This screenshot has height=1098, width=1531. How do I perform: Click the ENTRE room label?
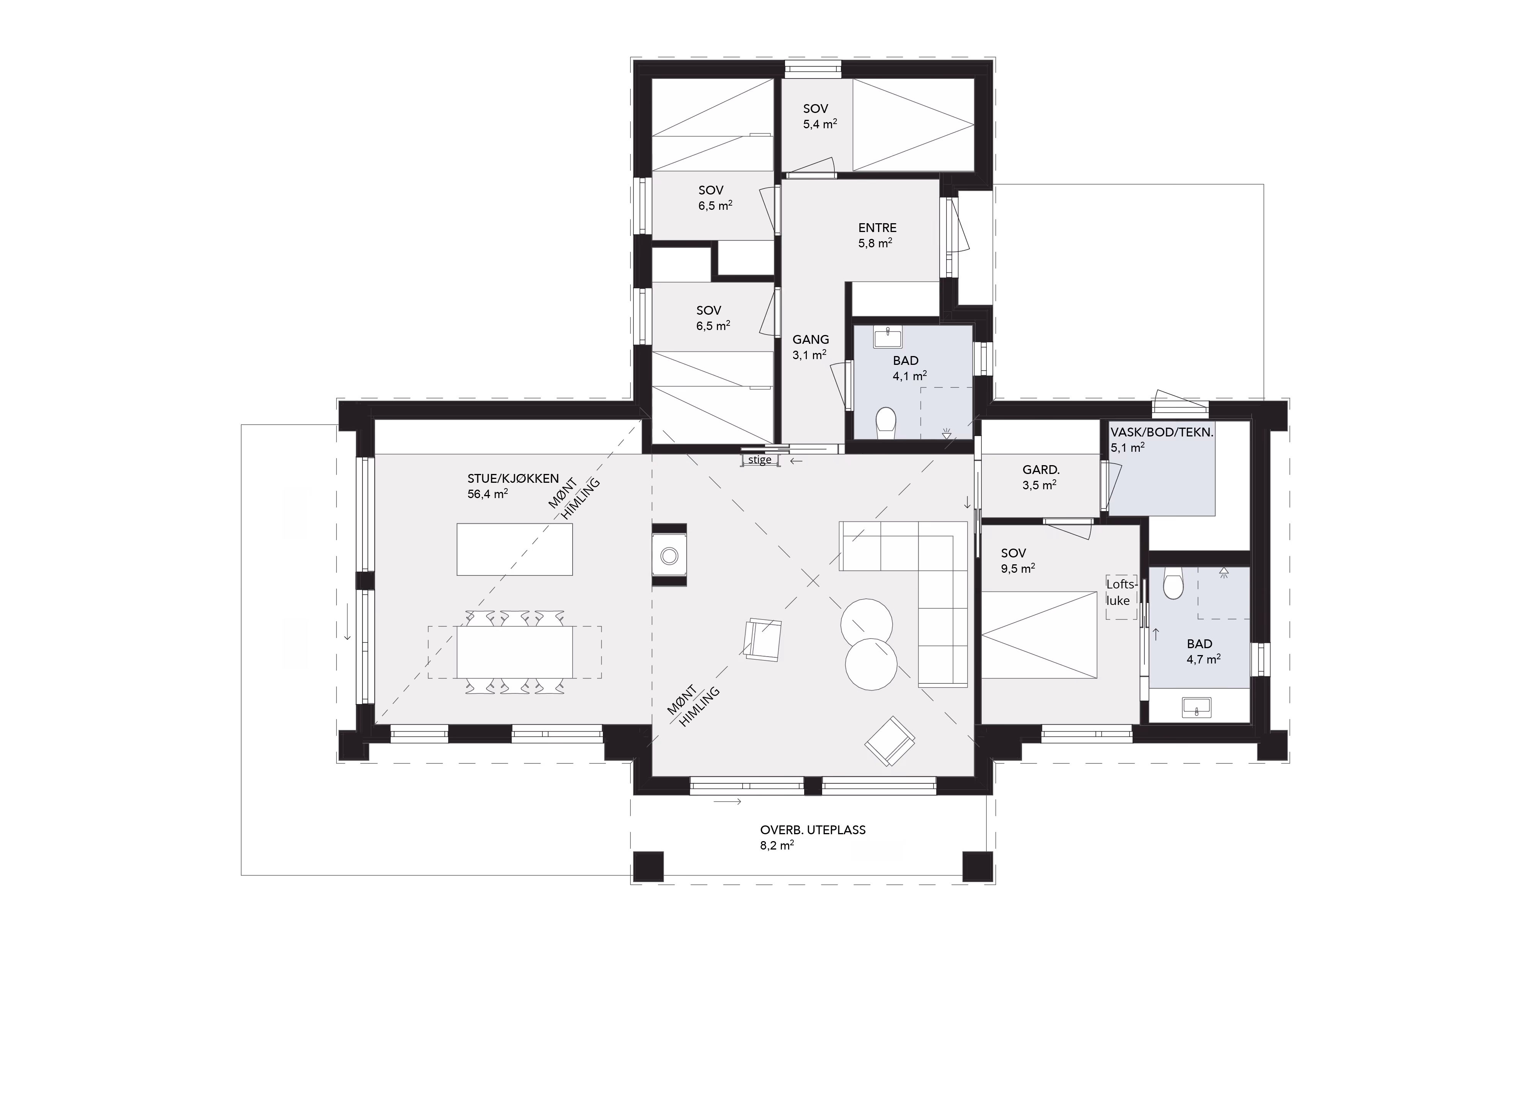click(x=878, y=228)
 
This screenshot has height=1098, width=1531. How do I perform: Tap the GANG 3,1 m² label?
click(x=811, y=346)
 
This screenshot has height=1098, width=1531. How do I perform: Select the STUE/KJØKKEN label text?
click(x=513, y=479)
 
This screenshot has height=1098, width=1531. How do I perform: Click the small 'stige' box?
click(x=760, y=460)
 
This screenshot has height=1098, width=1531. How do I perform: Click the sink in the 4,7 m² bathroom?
click(x=1197, y=707)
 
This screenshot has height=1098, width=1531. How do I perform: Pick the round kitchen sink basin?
click(x=669, y=556)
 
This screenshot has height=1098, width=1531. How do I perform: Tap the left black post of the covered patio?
click(x=648, y=866)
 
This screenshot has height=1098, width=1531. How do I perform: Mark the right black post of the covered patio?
click(x=977, y=866)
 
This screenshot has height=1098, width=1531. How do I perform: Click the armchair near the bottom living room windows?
click(x=890, y=741)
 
